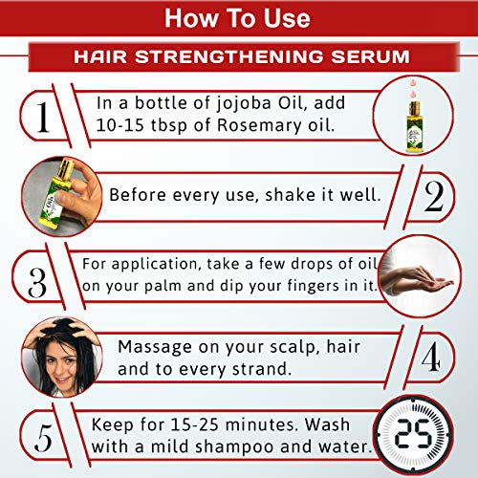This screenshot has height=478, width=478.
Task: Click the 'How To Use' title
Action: (237, 18)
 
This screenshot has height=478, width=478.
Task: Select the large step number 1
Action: (43, 117)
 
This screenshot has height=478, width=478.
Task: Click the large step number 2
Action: (434, 196)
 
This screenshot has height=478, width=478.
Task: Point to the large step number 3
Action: (37, 283)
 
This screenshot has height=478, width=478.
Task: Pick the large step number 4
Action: (431, 357)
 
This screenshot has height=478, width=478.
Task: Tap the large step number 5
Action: (43, 438)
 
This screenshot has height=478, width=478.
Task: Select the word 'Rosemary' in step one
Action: (259, 125)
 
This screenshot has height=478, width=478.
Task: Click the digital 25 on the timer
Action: (414, 433)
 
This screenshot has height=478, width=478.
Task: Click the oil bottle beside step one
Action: (414, 126)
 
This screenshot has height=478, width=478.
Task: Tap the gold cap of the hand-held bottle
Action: (66, 166)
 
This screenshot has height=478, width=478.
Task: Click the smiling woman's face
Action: (61, 364)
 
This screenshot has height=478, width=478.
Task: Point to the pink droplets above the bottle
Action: (414, 88)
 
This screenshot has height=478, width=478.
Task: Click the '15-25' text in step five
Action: (194, 424)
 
